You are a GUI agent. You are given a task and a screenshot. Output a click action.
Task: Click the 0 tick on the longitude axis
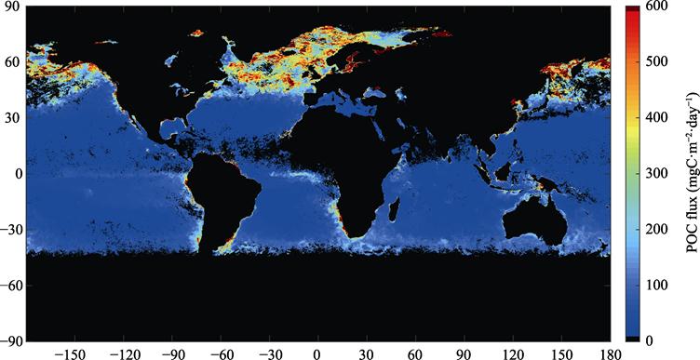316,353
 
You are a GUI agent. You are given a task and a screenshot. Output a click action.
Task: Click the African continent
349,158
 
